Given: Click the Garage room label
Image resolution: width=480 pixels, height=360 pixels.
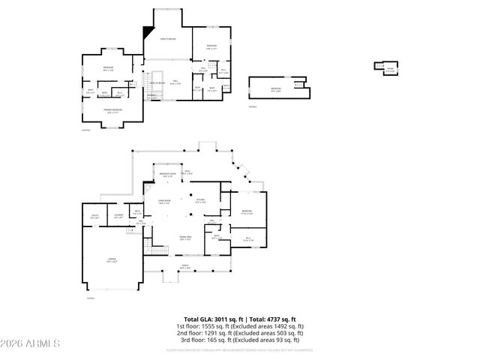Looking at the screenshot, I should pos(110,259).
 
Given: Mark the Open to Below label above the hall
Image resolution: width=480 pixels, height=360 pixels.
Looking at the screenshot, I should pos(166,38).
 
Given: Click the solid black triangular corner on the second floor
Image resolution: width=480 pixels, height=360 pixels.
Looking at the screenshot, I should pos(146,32).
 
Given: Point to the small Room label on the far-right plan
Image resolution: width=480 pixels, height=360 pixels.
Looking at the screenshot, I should pos(389,69).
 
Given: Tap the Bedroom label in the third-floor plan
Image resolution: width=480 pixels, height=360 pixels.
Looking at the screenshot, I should pos(276,90).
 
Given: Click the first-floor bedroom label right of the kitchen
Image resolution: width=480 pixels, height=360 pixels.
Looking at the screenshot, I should pos(247,212).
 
